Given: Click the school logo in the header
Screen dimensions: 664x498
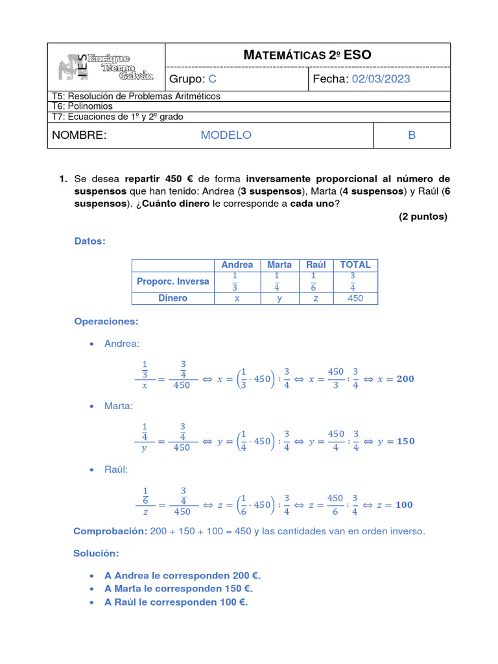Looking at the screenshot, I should [x=106, y=67].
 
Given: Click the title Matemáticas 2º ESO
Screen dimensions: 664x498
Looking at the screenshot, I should [x=307, y=55].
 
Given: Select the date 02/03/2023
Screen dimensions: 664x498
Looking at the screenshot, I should [x=381, y=79].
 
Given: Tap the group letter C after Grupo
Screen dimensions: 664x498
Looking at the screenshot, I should [x=212, y=79].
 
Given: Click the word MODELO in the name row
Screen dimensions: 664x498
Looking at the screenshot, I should [x=226, y=135].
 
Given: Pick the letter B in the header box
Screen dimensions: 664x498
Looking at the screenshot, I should [x=411, y=135].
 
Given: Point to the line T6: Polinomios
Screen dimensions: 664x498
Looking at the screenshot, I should [x=82, y=106].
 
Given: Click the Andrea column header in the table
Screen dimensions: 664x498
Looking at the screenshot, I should [x=237, y=265].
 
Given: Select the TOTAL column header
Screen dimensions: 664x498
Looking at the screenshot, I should [x=355, y=265].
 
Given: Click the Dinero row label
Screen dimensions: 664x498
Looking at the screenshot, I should [x=172, y=298].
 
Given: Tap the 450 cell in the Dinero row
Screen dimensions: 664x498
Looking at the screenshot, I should [x=355, y=298].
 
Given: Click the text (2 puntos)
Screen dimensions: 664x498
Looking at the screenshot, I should [x=423, y=217].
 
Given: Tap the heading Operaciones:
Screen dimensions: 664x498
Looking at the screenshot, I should [x=106, y=322].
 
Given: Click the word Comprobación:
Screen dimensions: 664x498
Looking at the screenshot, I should [x=110, y=531].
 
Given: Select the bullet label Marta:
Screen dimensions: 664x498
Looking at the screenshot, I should [x=119, y=405].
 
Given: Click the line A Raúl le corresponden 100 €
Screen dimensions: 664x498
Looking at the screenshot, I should [x=176, y=602].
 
